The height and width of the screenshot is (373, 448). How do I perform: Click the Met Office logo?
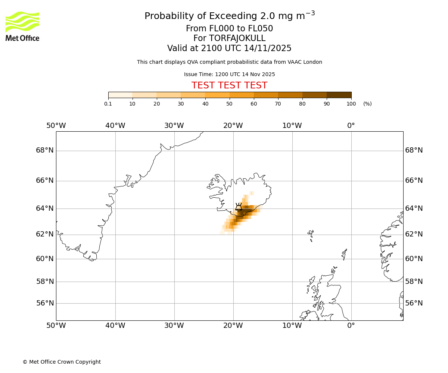click(x=22, y=26)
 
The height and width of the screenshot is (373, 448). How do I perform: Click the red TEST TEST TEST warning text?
click(x=229, y=85)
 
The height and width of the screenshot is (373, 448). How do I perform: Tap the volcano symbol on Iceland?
click(x=239, y=207)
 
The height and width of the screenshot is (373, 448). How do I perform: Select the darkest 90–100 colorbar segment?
click(x=339, y=95)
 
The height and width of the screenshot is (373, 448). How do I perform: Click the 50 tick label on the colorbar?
click(x=229, y=104)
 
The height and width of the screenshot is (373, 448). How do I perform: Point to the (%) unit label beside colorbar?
click(x=367, y=104)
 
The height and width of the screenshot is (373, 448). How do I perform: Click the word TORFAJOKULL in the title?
click(x=237, y=38)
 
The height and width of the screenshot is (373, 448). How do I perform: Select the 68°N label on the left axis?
click(x=45, y=150)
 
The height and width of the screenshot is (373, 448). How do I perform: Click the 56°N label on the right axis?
click(x=414, y=303)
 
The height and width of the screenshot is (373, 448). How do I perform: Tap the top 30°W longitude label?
click(x=174, y=126)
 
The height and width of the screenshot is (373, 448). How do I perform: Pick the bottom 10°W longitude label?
click(x=292, y=326)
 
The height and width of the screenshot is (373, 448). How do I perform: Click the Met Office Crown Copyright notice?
click(x=62, y=362)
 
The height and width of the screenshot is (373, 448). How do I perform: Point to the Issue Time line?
click(x=229, y=74)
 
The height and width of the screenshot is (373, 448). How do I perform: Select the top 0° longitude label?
click(x=351, y=126)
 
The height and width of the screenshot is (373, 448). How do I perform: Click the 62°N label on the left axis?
click(x=45, y=234)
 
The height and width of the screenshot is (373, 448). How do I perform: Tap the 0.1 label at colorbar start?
click(x=108, y=104)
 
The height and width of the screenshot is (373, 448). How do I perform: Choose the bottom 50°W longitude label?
click(x=56, y=326)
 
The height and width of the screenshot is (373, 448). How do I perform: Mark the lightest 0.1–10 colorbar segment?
click(x=120, y=95)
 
